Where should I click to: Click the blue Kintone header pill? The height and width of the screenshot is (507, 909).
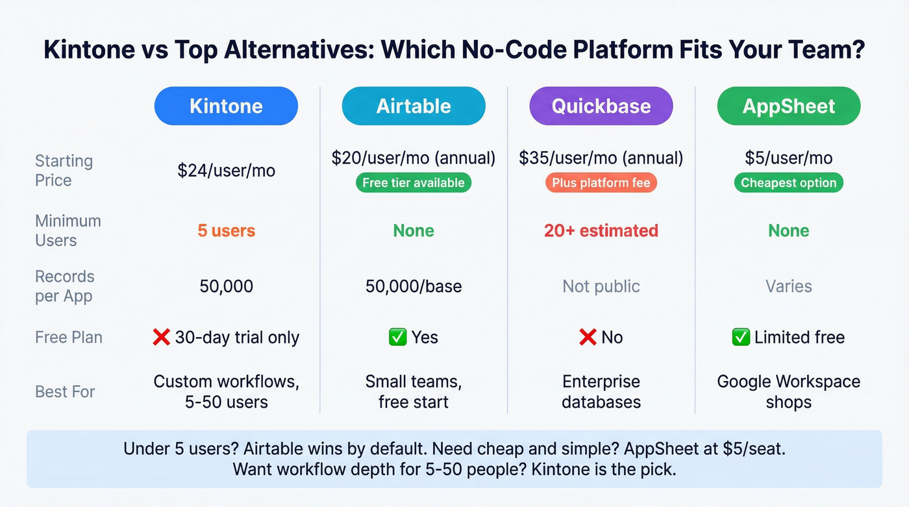[x=226, y=106]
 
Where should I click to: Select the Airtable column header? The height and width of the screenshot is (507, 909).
[x=414, y=106]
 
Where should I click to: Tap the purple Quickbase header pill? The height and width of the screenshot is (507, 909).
[x=601, y=106]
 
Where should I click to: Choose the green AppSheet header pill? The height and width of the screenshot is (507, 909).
[x=788, y=106]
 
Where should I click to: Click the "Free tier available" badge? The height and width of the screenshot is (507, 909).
[x=414, y=183]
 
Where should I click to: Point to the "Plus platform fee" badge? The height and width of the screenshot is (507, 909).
[x=601, y=183]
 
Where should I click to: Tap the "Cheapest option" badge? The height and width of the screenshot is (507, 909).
[x=788, y=183]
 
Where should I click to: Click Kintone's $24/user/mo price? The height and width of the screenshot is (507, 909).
[x=226, y=171]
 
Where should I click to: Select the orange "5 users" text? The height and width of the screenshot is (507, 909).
[x=226, y=230]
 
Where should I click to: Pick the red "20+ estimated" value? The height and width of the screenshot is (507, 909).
[x=601, y=230]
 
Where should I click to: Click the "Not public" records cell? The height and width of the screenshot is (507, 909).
[x=601, y=286]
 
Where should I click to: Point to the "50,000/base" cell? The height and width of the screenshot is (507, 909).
[x=414, y=286]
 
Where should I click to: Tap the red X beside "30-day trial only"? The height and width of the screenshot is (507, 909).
[x=161, y=338]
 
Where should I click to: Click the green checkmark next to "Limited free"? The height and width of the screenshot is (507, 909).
[x=740, y=338]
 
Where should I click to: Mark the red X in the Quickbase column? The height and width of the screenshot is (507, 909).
[x=588, y=338]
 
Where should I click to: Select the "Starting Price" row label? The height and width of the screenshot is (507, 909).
[x=64, y=170]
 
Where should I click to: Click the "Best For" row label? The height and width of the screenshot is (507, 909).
[x=65, y=391]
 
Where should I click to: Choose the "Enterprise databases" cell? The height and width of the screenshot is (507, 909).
[x=601, y=391]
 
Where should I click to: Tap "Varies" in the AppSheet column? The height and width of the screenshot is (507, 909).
[x=788, y=286]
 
